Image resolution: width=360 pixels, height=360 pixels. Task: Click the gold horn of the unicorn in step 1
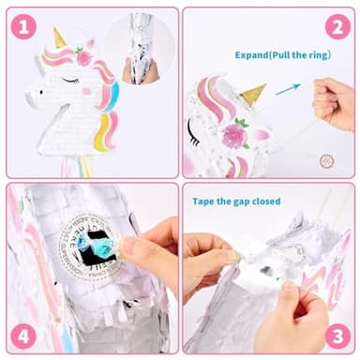point(59,37)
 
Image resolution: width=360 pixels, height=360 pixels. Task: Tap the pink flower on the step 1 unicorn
point(83,58)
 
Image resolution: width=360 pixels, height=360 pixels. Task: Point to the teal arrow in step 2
point(288,90)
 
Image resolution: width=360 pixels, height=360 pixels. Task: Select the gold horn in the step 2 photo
point(253,94)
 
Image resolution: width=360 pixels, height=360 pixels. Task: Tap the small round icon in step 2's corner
point(327,160)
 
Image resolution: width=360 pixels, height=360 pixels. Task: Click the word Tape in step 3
point(205,202)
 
